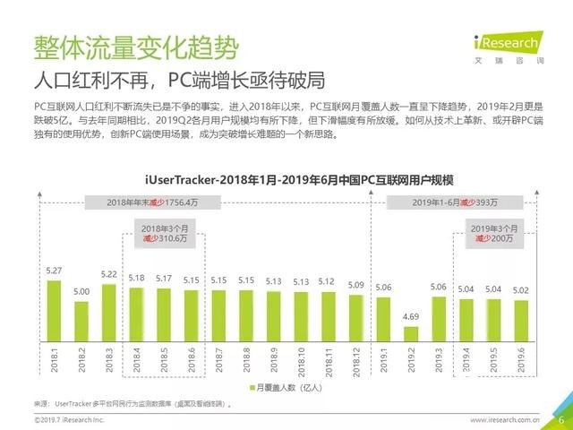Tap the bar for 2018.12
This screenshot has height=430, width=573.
[356, 314]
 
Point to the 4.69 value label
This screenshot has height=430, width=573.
[411, 318]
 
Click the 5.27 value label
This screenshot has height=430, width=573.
[54, 271]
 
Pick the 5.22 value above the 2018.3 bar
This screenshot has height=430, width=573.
[109, 274]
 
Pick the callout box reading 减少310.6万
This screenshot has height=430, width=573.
[163, 235]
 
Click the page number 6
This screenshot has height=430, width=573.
[560, 417]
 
